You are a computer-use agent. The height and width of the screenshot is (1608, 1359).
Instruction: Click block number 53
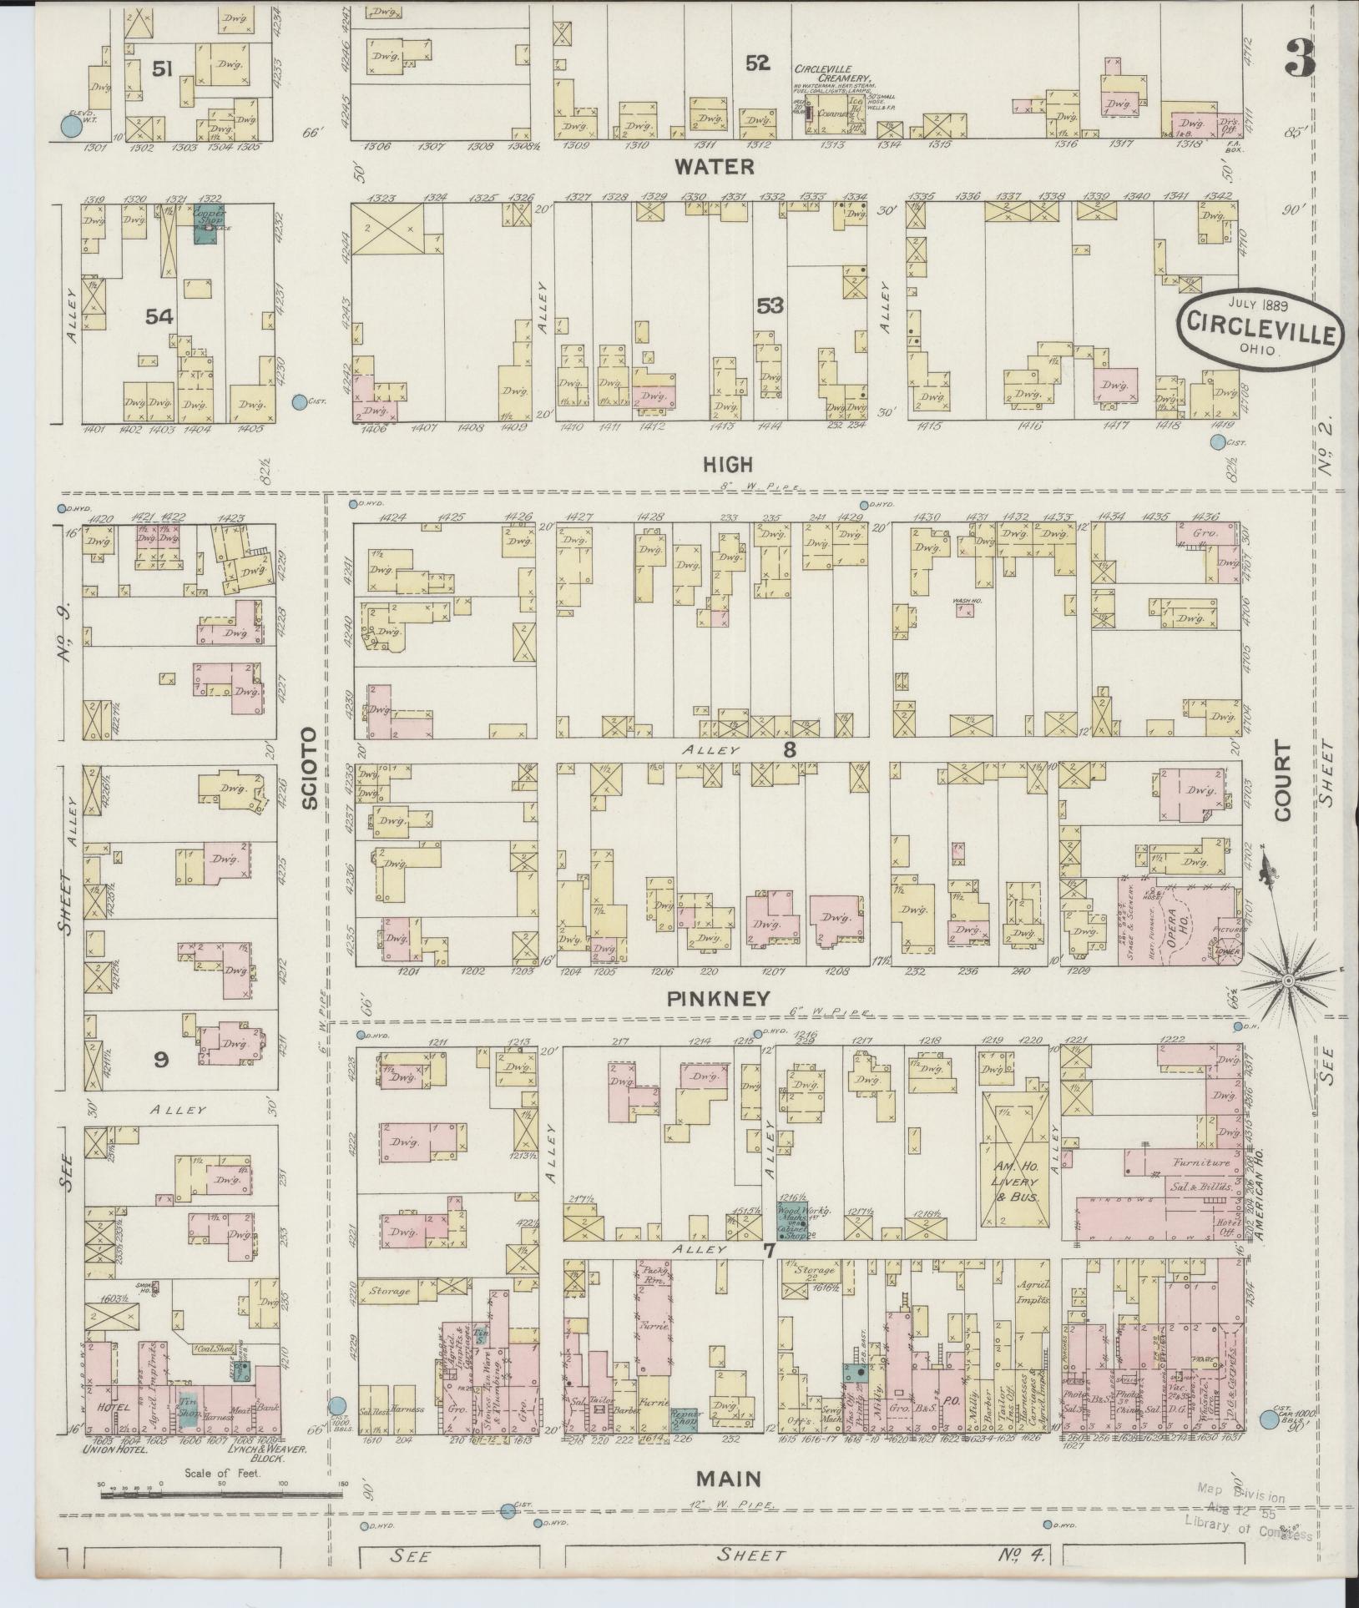click(770, 306)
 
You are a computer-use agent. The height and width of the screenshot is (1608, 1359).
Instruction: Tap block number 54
click(159, 316)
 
